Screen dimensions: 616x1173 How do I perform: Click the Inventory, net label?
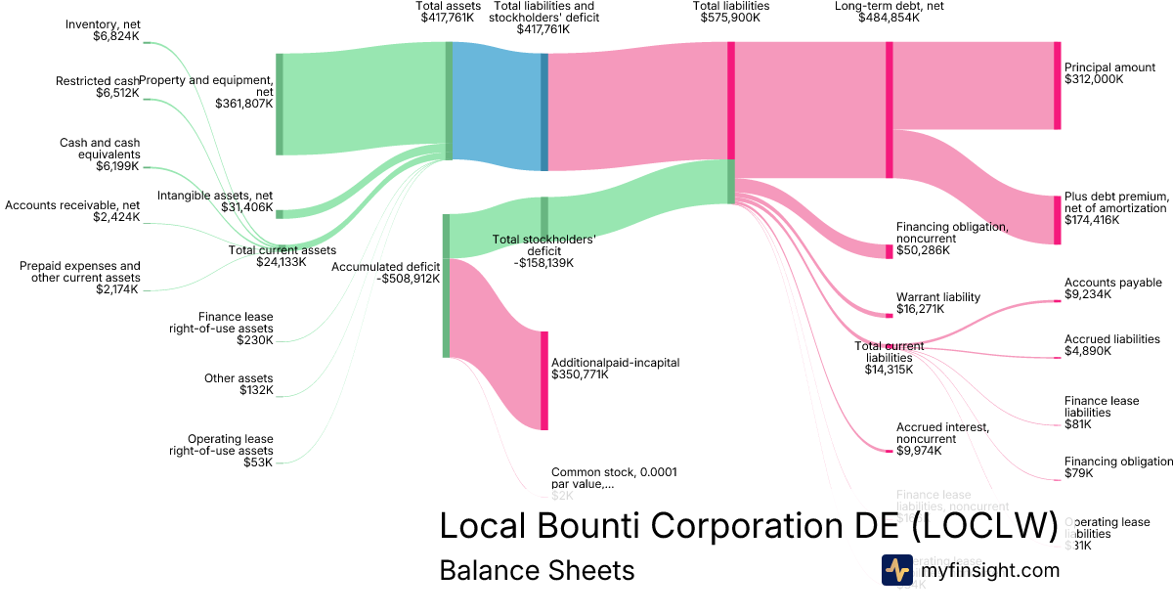103,23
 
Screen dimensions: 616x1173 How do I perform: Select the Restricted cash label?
97,81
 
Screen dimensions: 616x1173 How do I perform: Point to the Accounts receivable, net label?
72,205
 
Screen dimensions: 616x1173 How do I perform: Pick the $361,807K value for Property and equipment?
244,103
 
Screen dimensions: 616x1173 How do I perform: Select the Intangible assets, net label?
215,196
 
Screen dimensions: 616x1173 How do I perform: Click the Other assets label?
239,378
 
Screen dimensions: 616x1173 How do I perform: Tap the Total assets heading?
449,6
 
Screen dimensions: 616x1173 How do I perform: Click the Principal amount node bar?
1057,86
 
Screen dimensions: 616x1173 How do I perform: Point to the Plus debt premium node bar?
1057,220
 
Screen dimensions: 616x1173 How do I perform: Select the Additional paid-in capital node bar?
544,380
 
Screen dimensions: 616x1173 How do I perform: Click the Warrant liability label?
937,297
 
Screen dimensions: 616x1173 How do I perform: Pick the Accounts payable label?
1112,283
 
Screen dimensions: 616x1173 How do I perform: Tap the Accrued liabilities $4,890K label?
1112,345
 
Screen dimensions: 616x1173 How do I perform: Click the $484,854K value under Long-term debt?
889,17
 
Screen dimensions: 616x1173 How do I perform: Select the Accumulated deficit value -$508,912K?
408,279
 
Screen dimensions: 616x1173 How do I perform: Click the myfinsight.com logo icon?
896,570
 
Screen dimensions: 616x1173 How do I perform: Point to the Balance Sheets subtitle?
537,570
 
